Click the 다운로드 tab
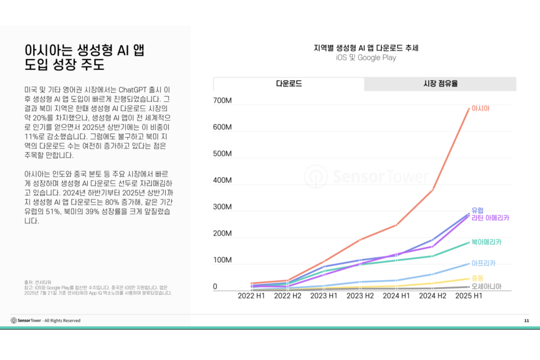[289, 84]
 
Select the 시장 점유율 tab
[440, 84]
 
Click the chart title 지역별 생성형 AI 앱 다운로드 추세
[366, 48]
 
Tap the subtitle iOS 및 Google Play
[366, 58]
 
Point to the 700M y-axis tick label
[223, 101]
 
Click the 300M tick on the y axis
[223, 207]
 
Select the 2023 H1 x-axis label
[325, 295]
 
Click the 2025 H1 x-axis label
[469, 295]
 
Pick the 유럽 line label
[478, 210]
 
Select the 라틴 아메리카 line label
[490, 218]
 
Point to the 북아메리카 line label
[486, 242]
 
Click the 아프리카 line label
[483, 263]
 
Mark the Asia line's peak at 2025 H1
[469, 109]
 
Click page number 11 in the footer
[526, 321]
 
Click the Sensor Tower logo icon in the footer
[13, 321]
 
